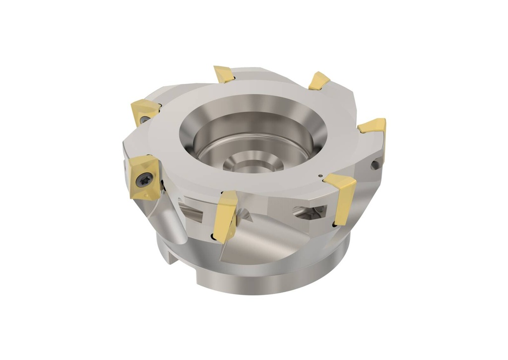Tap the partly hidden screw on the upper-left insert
tap(144, 120)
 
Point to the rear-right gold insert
tap(319, 81)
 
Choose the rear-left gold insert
tap(224, 74)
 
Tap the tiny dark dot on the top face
tap(320, 176)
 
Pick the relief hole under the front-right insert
tap(335, 225)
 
